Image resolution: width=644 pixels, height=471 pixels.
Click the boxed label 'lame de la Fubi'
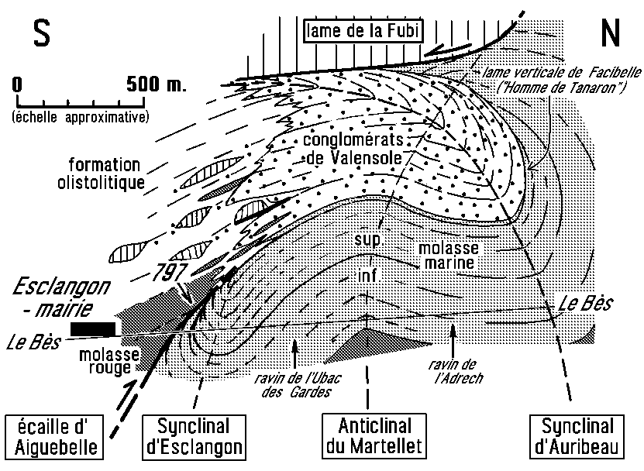[x=363, y=31]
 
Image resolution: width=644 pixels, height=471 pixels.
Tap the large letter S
[x=42, y=33]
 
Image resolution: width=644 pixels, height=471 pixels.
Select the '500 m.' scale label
[x=156, y=84]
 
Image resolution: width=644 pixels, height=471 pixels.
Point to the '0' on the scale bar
[x=17, y=84]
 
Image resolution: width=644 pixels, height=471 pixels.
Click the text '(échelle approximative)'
[x=80, y=117]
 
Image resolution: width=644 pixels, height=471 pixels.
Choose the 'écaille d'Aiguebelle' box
[x=54, y=436]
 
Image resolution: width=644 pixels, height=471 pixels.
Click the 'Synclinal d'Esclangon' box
[x=194, y=436]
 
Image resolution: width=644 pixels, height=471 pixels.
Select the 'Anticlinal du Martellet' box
[x=374, y=436]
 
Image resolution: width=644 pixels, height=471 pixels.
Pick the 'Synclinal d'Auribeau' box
[x=577, y=436]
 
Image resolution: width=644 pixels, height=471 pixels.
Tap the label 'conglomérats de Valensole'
[x=353, y=149]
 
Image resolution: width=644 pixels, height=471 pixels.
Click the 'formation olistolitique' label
[x=101, y=174]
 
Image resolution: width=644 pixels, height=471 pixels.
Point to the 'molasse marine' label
[x=449, y=256]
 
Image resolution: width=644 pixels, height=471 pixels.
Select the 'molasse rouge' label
[x=108, y=360]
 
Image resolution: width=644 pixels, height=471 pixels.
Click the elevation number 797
[x=169, y=272]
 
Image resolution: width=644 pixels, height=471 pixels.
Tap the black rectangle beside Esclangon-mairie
[x=93, y=329]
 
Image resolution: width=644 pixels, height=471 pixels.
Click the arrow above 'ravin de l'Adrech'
[x=453, y=340]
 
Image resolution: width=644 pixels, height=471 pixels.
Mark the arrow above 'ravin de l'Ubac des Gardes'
[x=294, y=353]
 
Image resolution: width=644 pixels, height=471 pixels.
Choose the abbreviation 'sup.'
[x=368, y=239]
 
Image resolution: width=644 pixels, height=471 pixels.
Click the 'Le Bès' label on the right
[x=585, y=304]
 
